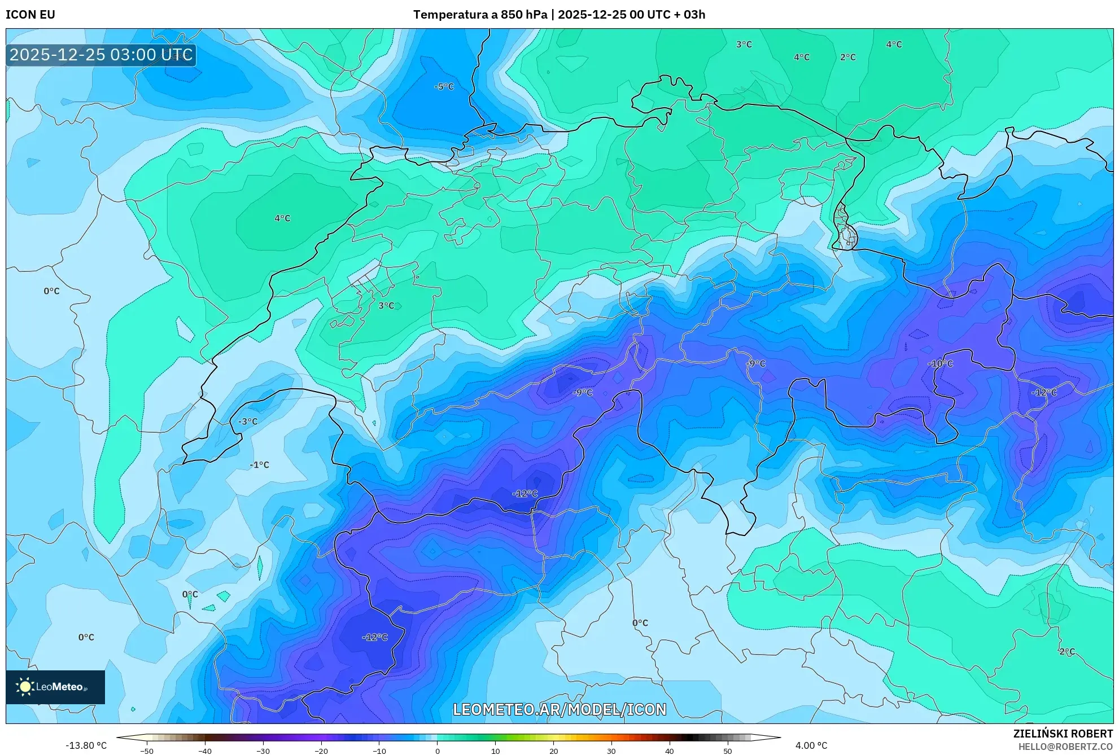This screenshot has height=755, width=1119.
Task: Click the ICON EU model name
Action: (x=30, y=15)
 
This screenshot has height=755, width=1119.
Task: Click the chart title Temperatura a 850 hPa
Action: (x=480, y=15)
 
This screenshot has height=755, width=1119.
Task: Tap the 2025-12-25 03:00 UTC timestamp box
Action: (x=101, y=55)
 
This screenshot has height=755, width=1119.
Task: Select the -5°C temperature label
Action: (x=444, y=87)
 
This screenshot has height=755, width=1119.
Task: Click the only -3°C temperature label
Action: (x=247, y=422)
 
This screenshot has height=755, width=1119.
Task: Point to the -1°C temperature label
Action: (x=259, y=465)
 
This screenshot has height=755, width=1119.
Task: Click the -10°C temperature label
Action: (x=940, y=364)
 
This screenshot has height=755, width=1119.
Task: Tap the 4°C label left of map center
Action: (x=282, y=218)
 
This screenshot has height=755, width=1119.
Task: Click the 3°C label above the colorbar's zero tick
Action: (x=386, y=306)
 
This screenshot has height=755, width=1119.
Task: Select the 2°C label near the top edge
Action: (x=847, y=58)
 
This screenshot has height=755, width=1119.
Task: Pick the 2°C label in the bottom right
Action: (x=1066, y=652)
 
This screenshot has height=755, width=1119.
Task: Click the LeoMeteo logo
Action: (x=55, y=687)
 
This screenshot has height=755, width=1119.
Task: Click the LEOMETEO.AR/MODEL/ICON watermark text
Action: (x=559, y=709)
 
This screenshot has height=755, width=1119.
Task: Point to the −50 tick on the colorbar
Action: (x=146, y=751)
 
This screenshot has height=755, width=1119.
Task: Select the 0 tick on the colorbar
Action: (x=437, y=751)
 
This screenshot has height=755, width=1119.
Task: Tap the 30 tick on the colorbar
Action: (x=611, y=751)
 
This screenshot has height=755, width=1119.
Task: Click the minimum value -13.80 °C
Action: (x=86, y=746)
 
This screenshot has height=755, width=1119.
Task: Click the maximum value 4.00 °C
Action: (x=811, y=746)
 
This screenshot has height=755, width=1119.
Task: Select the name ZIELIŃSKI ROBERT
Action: (x=1063, y=734)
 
